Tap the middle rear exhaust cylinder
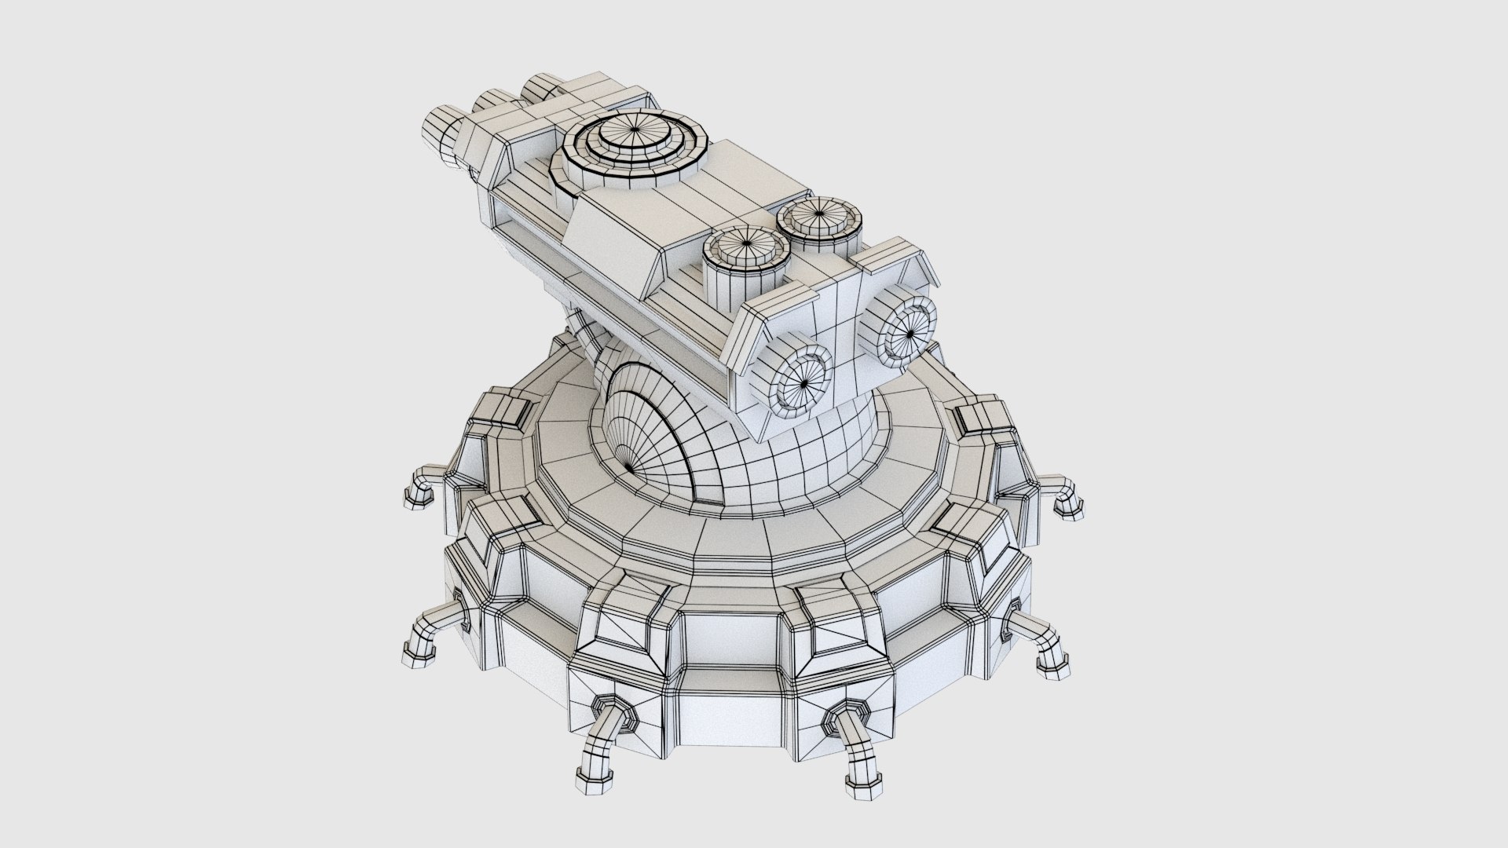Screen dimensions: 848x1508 coord(491,107)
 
